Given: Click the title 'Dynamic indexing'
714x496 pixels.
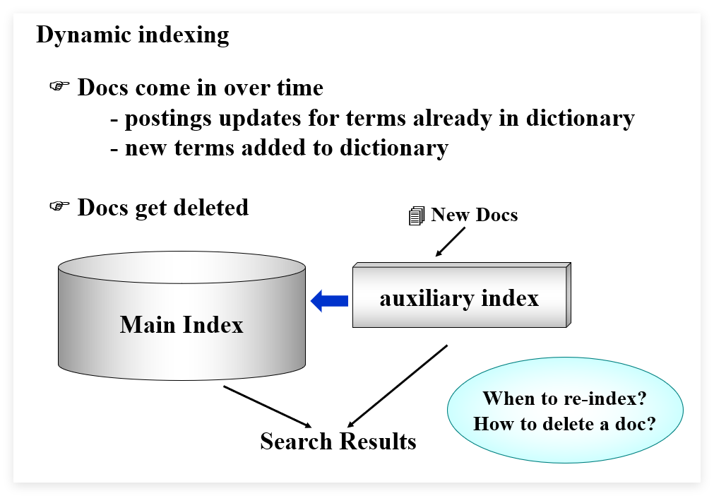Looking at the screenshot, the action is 133,35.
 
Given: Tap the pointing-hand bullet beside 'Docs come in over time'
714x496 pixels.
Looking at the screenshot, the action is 59,85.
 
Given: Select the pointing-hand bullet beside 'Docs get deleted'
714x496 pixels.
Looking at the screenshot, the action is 59,206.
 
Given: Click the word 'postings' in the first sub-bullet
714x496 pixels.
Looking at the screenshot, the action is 168,119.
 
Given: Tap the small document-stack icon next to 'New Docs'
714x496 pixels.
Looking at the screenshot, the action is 417,215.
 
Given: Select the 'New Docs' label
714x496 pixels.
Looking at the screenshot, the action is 474,215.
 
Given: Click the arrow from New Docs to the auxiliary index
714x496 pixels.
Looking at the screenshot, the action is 451,242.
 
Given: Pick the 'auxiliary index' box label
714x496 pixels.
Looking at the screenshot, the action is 459,298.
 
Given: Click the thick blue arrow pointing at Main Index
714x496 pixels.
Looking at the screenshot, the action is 329,300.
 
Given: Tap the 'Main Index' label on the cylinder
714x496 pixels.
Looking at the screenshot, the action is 182,325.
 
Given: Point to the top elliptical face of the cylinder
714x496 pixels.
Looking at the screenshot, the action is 182,267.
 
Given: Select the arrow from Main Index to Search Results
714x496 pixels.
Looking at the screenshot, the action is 268,407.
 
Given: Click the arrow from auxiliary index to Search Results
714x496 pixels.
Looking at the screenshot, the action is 397,386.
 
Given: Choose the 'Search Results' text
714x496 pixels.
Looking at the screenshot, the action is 338,442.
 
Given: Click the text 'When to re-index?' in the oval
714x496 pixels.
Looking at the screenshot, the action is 565,398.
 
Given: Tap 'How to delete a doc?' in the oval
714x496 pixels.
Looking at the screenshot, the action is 565,424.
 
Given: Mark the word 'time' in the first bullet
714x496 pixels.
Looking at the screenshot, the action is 300,88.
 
